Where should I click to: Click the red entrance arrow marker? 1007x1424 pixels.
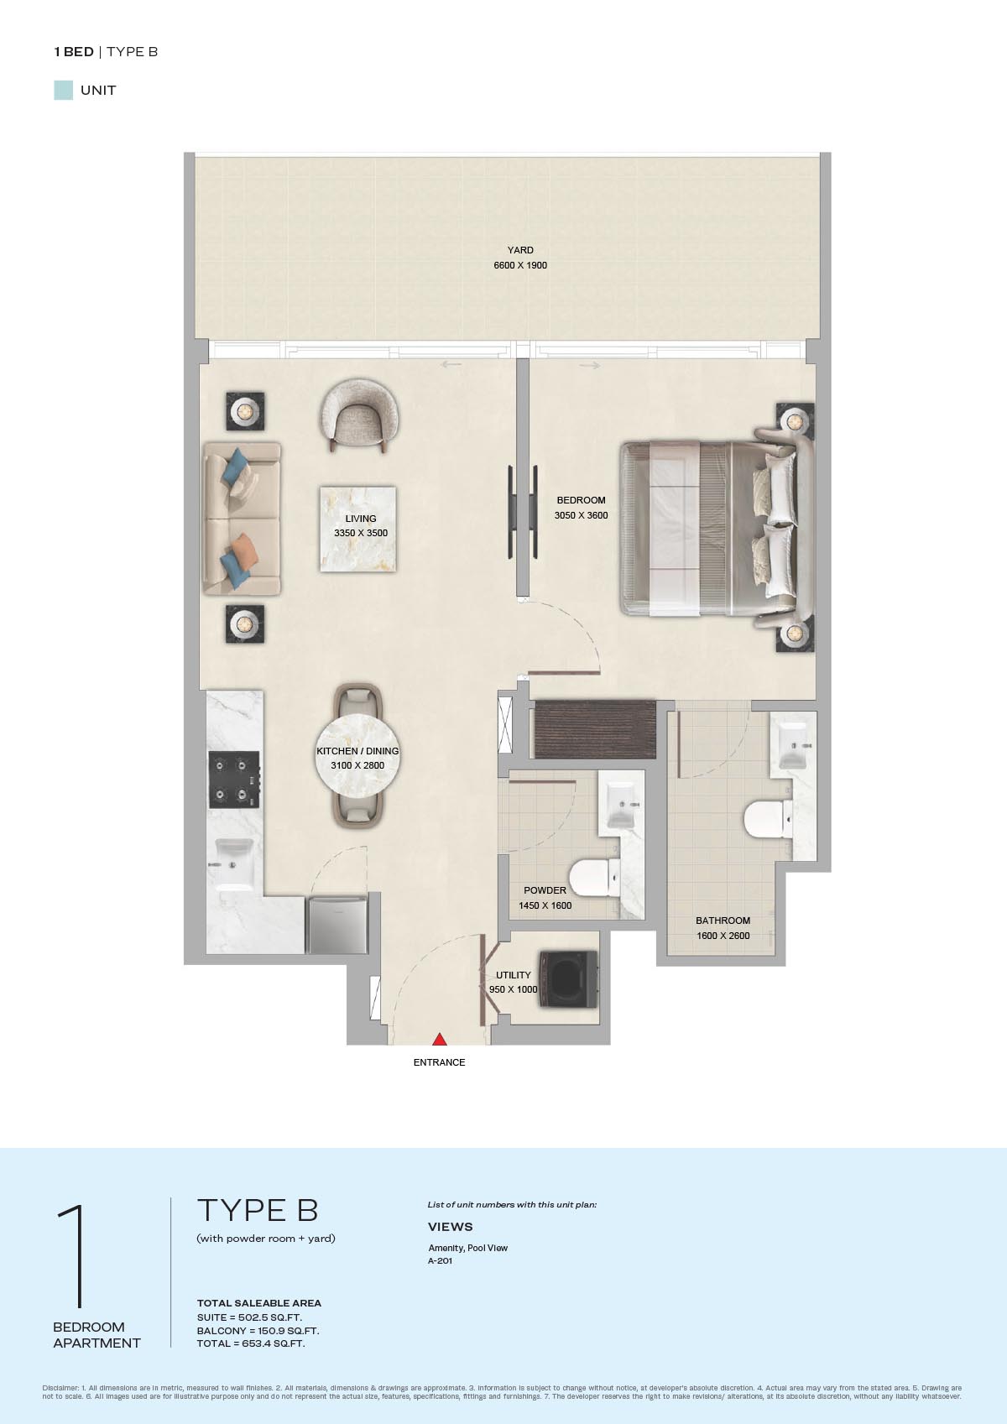439,1040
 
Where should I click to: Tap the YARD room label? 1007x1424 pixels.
520,250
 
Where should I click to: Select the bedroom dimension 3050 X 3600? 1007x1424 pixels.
581,515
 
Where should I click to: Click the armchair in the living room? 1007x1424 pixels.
359,415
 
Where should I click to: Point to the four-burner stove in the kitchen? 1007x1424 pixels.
234,780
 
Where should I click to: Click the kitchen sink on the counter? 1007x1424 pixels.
233,864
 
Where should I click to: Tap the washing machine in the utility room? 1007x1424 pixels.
568,979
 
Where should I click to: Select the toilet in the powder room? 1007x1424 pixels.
594,877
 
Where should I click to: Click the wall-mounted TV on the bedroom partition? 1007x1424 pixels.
523,513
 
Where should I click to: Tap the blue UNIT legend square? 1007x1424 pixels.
64,91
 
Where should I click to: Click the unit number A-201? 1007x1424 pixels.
440,1260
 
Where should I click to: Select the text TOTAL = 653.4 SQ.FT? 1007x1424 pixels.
250,1343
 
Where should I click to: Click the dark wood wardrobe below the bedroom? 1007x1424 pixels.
595,729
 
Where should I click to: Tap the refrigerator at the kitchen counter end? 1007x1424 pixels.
337,925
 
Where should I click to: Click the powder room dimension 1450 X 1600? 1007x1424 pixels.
545,905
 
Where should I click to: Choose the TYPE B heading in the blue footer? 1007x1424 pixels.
258,1210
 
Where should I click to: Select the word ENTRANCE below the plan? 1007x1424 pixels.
439,1062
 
